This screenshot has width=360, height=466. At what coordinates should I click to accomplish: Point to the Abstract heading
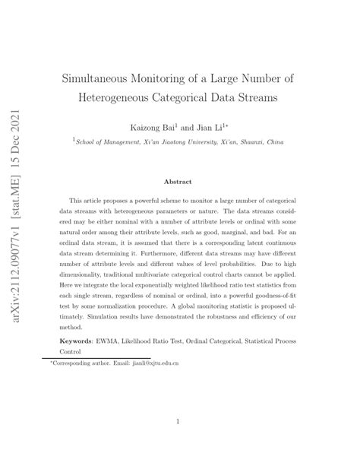179,182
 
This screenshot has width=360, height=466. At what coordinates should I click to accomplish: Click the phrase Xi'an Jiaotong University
170,141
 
